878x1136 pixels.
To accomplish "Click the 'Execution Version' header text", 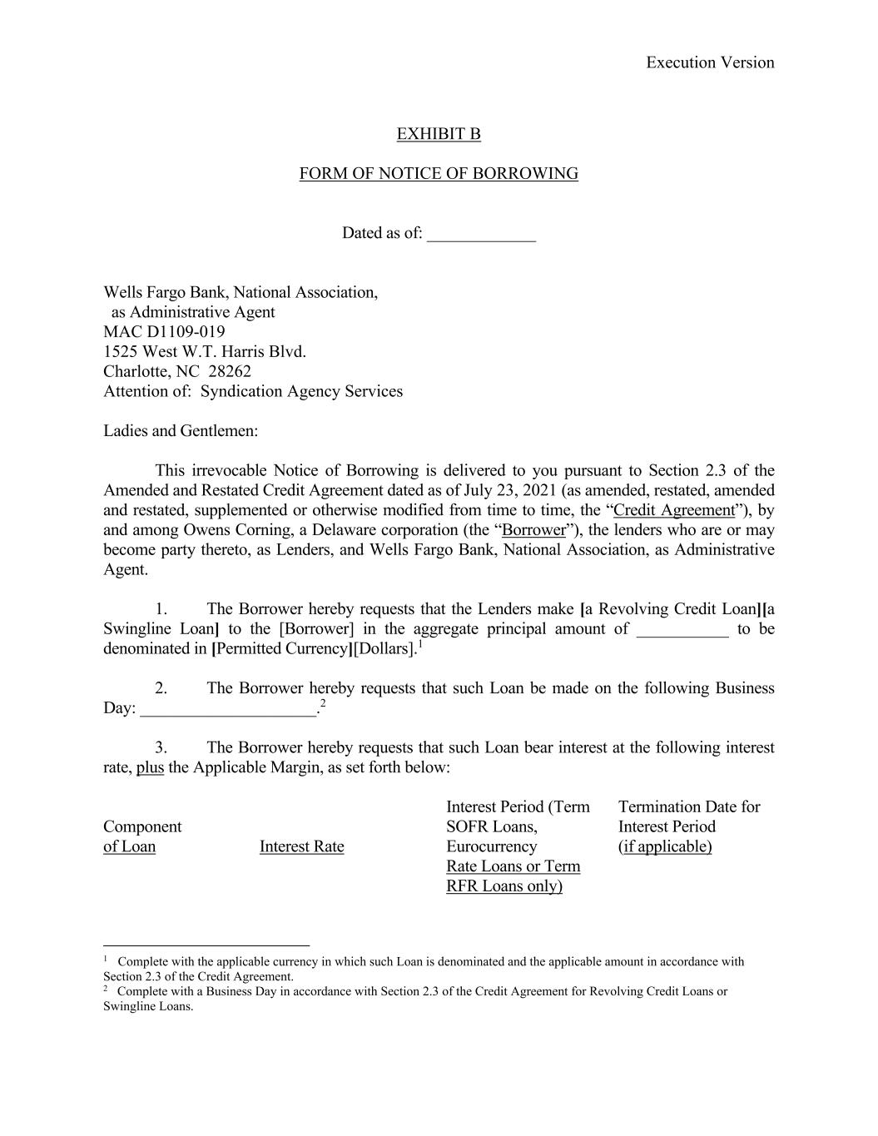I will point(709,62).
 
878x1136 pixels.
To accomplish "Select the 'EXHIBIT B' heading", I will point(439,134).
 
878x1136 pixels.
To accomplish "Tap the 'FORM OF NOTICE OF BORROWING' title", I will point(439,174).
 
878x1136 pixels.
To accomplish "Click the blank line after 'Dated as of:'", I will point(481,235).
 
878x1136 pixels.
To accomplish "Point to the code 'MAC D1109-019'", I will point(164,332).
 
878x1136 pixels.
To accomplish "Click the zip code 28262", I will point(230,371).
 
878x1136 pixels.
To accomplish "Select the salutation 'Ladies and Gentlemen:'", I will point(181,431).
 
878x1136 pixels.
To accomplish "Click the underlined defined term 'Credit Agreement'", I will point(674,510).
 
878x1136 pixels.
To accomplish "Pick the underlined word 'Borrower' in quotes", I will point(533,530).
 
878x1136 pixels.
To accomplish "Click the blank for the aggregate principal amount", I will point(682,630).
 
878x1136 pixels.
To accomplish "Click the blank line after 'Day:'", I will point(229,709).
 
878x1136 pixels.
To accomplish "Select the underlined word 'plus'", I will point(150,767).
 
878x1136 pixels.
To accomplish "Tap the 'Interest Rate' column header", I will point(301,846).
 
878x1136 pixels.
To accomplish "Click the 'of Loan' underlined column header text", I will point(129,846).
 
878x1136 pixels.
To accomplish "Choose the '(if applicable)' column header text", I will point(665,846).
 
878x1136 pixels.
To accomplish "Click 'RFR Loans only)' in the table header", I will point(504,886).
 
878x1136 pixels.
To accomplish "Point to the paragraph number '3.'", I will point(161,747).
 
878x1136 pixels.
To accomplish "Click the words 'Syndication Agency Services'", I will point(301,391).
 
